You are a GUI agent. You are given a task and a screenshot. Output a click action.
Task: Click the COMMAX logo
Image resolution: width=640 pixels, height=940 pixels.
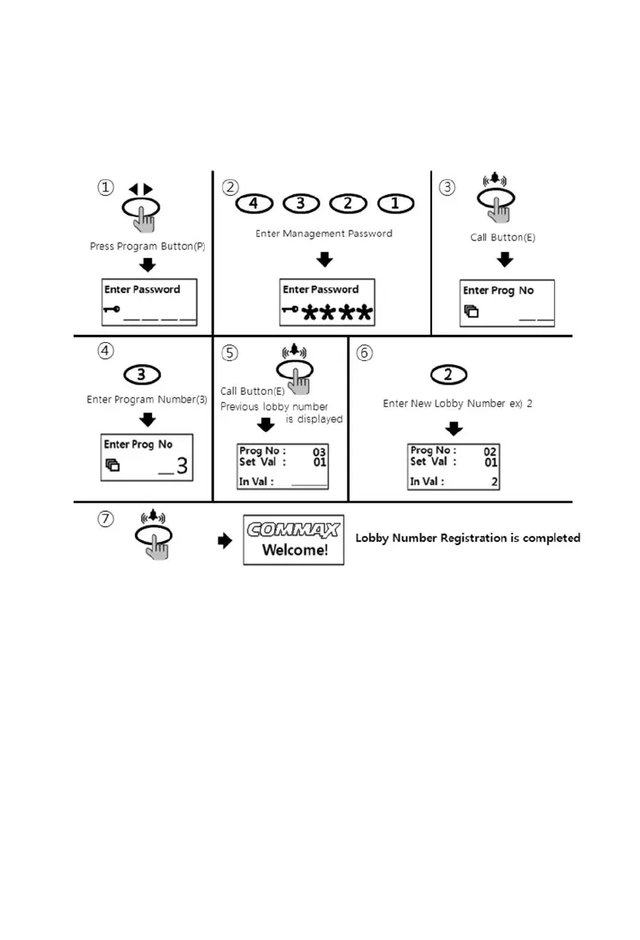coord(294,529)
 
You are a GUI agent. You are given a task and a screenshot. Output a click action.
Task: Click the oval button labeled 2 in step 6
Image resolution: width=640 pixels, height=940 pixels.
coord(448,375)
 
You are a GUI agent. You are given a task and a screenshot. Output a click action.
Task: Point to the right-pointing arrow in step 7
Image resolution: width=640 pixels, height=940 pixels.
coord(224,541)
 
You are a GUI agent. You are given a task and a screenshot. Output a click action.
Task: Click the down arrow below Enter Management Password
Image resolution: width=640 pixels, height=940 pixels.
coord(325,259)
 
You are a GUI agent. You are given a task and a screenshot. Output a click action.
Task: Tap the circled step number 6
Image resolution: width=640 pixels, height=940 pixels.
coord(364,353)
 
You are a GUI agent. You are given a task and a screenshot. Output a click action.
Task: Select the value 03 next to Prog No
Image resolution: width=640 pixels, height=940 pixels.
coord(319,452)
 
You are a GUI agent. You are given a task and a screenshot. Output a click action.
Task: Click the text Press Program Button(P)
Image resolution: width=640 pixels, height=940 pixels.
coord(148,246)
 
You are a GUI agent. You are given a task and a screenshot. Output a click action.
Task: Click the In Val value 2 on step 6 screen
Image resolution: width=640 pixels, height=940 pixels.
coord(494,482)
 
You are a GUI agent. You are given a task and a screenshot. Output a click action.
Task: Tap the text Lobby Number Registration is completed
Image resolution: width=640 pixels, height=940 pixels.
coord(468,538)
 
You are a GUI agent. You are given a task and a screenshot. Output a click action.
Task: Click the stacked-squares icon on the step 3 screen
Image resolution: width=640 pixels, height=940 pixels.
coord(471,311)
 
